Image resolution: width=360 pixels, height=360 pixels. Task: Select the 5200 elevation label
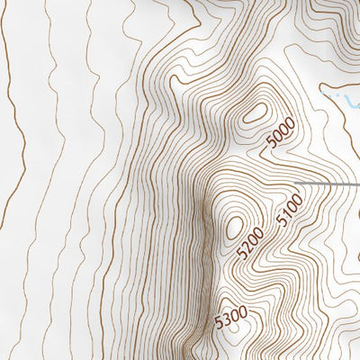249,244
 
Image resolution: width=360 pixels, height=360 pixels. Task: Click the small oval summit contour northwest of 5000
255,113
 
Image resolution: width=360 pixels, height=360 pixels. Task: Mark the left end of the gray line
298,184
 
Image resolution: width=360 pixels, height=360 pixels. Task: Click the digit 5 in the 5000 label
272,146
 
